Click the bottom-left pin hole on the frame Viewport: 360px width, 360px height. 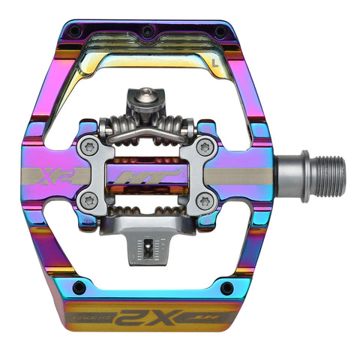79,287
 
